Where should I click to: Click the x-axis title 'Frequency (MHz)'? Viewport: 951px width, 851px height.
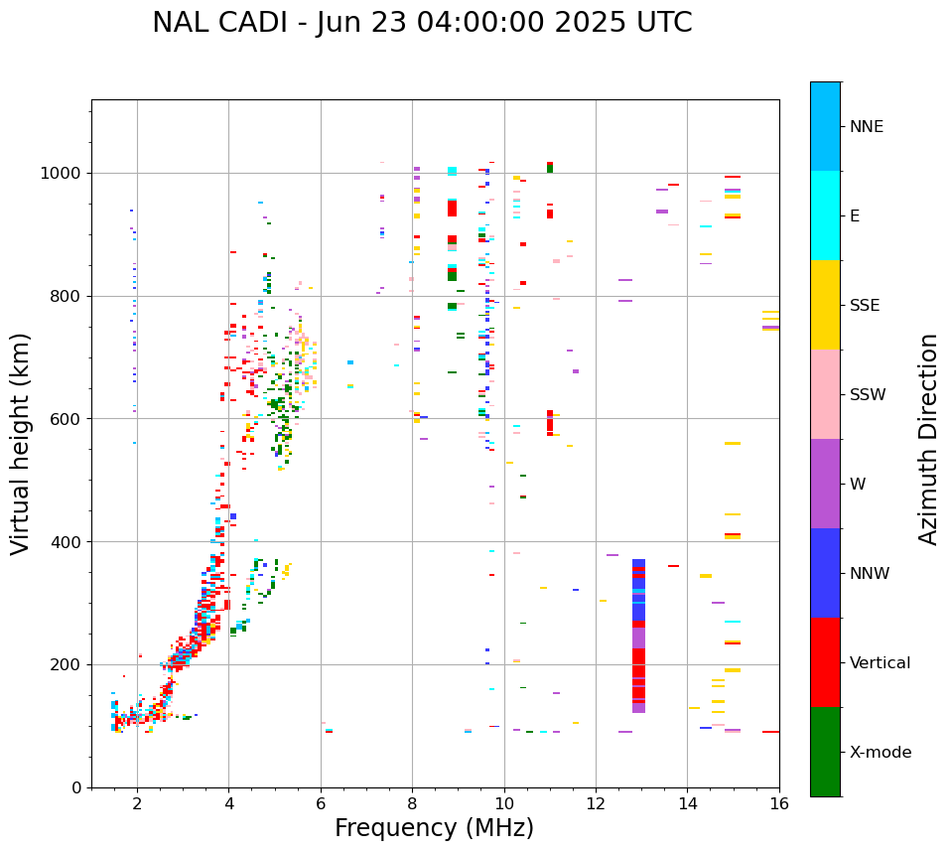(x=434, y=828)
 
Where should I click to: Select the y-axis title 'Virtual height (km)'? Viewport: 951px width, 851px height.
(x=21, y=443)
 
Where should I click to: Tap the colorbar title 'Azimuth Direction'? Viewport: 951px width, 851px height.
(x=928, y=439)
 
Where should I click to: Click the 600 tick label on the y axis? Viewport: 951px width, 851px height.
(x=66, y=419)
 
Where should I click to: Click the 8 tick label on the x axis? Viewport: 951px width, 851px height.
(x=412, y=803)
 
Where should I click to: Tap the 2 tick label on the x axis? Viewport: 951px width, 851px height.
(x=137, y=803)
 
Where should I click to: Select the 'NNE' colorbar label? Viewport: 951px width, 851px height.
(x=866, y=127)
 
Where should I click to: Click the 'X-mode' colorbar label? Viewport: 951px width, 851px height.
(x=880, y=753)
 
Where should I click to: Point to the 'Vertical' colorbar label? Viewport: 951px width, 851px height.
(x=880, y=663)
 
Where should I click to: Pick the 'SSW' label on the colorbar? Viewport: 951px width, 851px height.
(x=868, y=395)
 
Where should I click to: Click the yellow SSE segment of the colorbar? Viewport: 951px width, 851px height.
(x=825, y=304)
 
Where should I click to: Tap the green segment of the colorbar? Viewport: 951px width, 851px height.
(x=825, y=752)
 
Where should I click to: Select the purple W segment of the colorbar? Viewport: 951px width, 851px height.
(x=825, y=484)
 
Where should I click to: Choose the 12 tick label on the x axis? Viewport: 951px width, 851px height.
(x=596, y=803)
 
